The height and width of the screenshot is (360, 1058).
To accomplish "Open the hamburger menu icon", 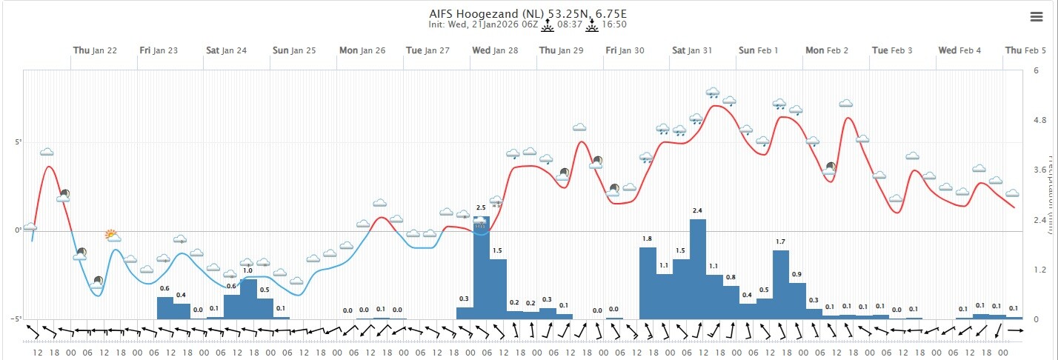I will [1036, 17].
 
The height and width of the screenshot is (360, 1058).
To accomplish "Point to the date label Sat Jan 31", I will [692, 50].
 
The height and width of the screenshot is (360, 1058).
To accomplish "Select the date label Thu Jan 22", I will [95, 50].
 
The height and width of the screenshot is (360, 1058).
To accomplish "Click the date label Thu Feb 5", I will [1025, 50].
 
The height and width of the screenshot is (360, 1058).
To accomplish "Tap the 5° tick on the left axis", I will [16, 141].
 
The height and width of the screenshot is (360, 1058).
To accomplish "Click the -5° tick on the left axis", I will [15, 319].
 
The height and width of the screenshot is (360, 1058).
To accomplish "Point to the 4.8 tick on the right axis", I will [1039, 121].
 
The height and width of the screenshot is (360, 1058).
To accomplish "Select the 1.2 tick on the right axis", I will [1039, 270].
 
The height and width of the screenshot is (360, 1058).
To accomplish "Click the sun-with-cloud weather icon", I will [112, 236].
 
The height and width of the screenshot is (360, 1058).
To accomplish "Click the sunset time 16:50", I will [613, 24].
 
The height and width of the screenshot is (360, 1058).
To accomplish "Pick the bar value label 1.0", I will [248, 271].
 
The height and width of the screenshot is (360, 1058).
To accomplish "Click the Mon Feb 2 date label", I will [827, 50].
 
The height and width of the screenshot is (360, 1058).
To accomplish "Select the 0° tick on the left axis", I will [18, 230].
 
